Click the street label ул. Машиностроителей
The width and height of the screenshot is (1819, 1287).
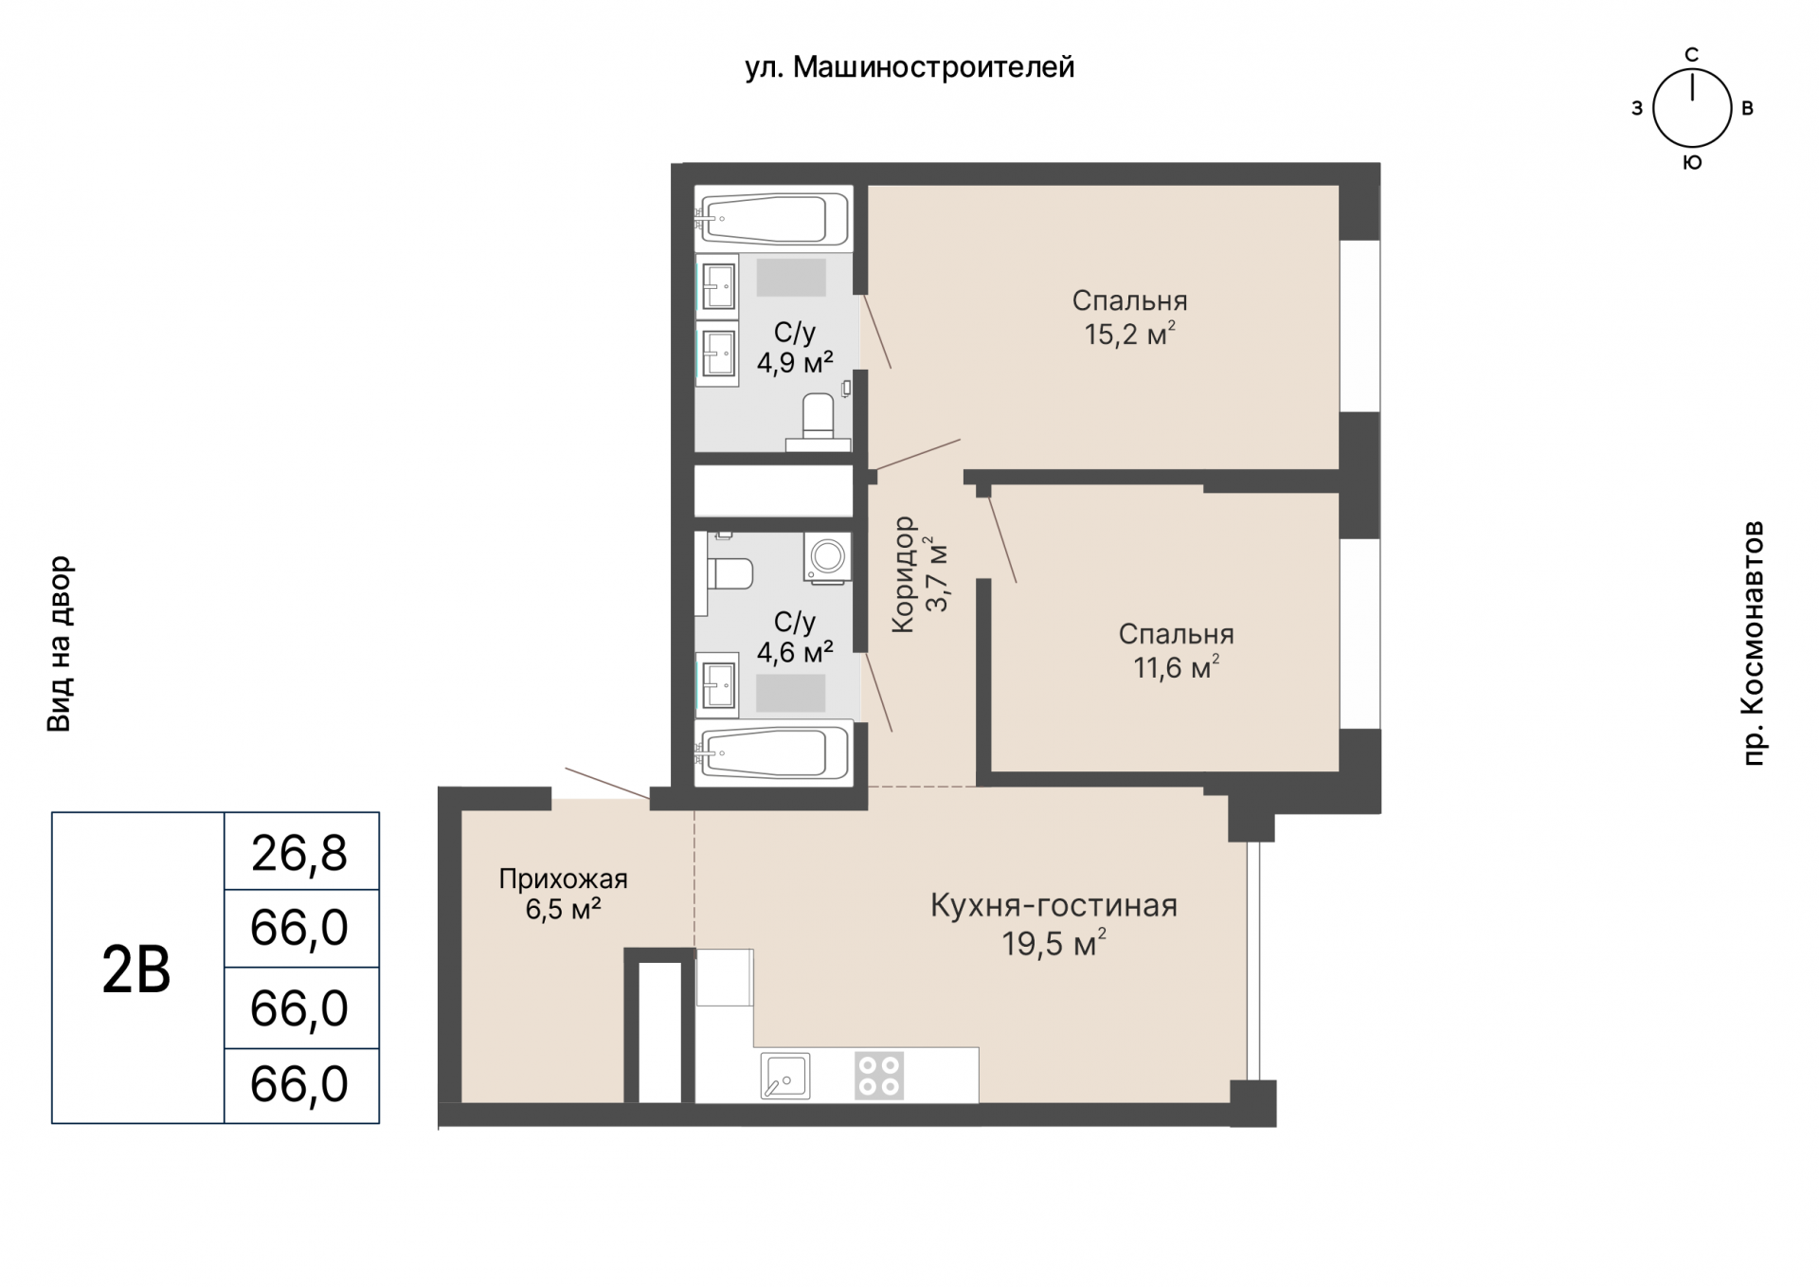tap(909, 68)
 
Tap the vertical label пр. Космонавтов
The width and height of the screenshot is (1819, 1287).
tap(1754, 643)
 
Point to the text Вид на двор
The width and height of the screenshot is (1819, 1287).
tap(60, 643)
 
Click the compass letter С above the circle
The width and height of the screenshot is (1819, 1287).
tap(1691, 55)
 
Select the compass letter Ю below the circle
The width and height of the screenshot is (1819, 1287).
tap(1692, 163)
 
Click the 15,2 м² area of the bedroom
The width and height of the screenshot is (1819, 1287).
tap(1129, 335)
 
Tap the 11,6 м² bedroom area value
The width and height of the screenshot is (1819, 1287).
tap(1176, 668)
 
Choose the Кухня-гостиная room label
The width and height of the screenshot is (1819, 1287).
tap(1054, 906)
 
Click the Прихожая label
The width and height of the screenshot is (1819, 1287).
tap(563, 879)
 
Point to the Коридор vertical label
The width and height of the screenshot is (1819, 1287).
tap(904, 574)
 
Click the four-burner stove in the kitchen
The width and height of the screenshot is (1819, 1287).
tap(879, 1076)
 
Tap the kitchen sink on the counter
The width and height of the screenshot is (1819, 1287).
tap(784, 1076)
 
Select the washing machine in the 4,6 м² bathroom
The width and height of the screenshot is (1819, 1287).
tap(827, 556)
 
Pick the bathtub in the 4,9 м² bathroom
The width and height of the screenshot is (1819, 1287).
tap(774, 218)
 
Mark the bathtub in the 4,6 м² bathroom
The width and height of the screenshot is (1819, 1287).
tap(774, 752)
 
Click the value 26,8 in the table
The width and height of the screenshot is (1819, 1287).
tap(299, 853)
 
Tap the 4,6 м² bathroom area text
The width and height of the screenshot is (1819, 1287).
tap(795, 652)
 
